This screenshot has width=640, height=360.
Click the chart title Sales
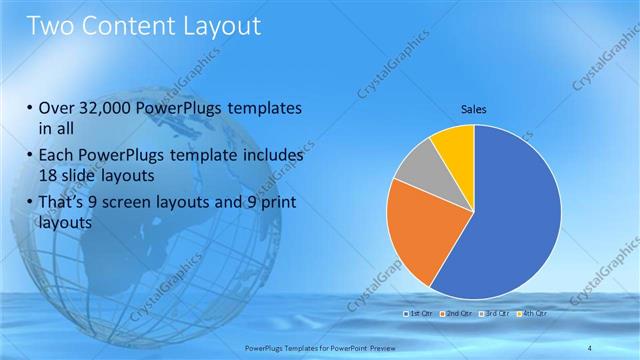473,109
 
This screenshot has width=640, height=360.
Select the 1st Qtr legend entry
418,314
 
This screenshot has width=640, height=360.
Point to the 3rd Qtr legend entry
495,314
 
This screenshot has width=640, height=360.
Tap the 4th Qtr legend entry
533,314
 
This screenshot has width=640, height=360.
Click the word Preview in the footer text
378,346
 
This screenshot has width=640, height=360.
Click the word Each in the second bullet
57,156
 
